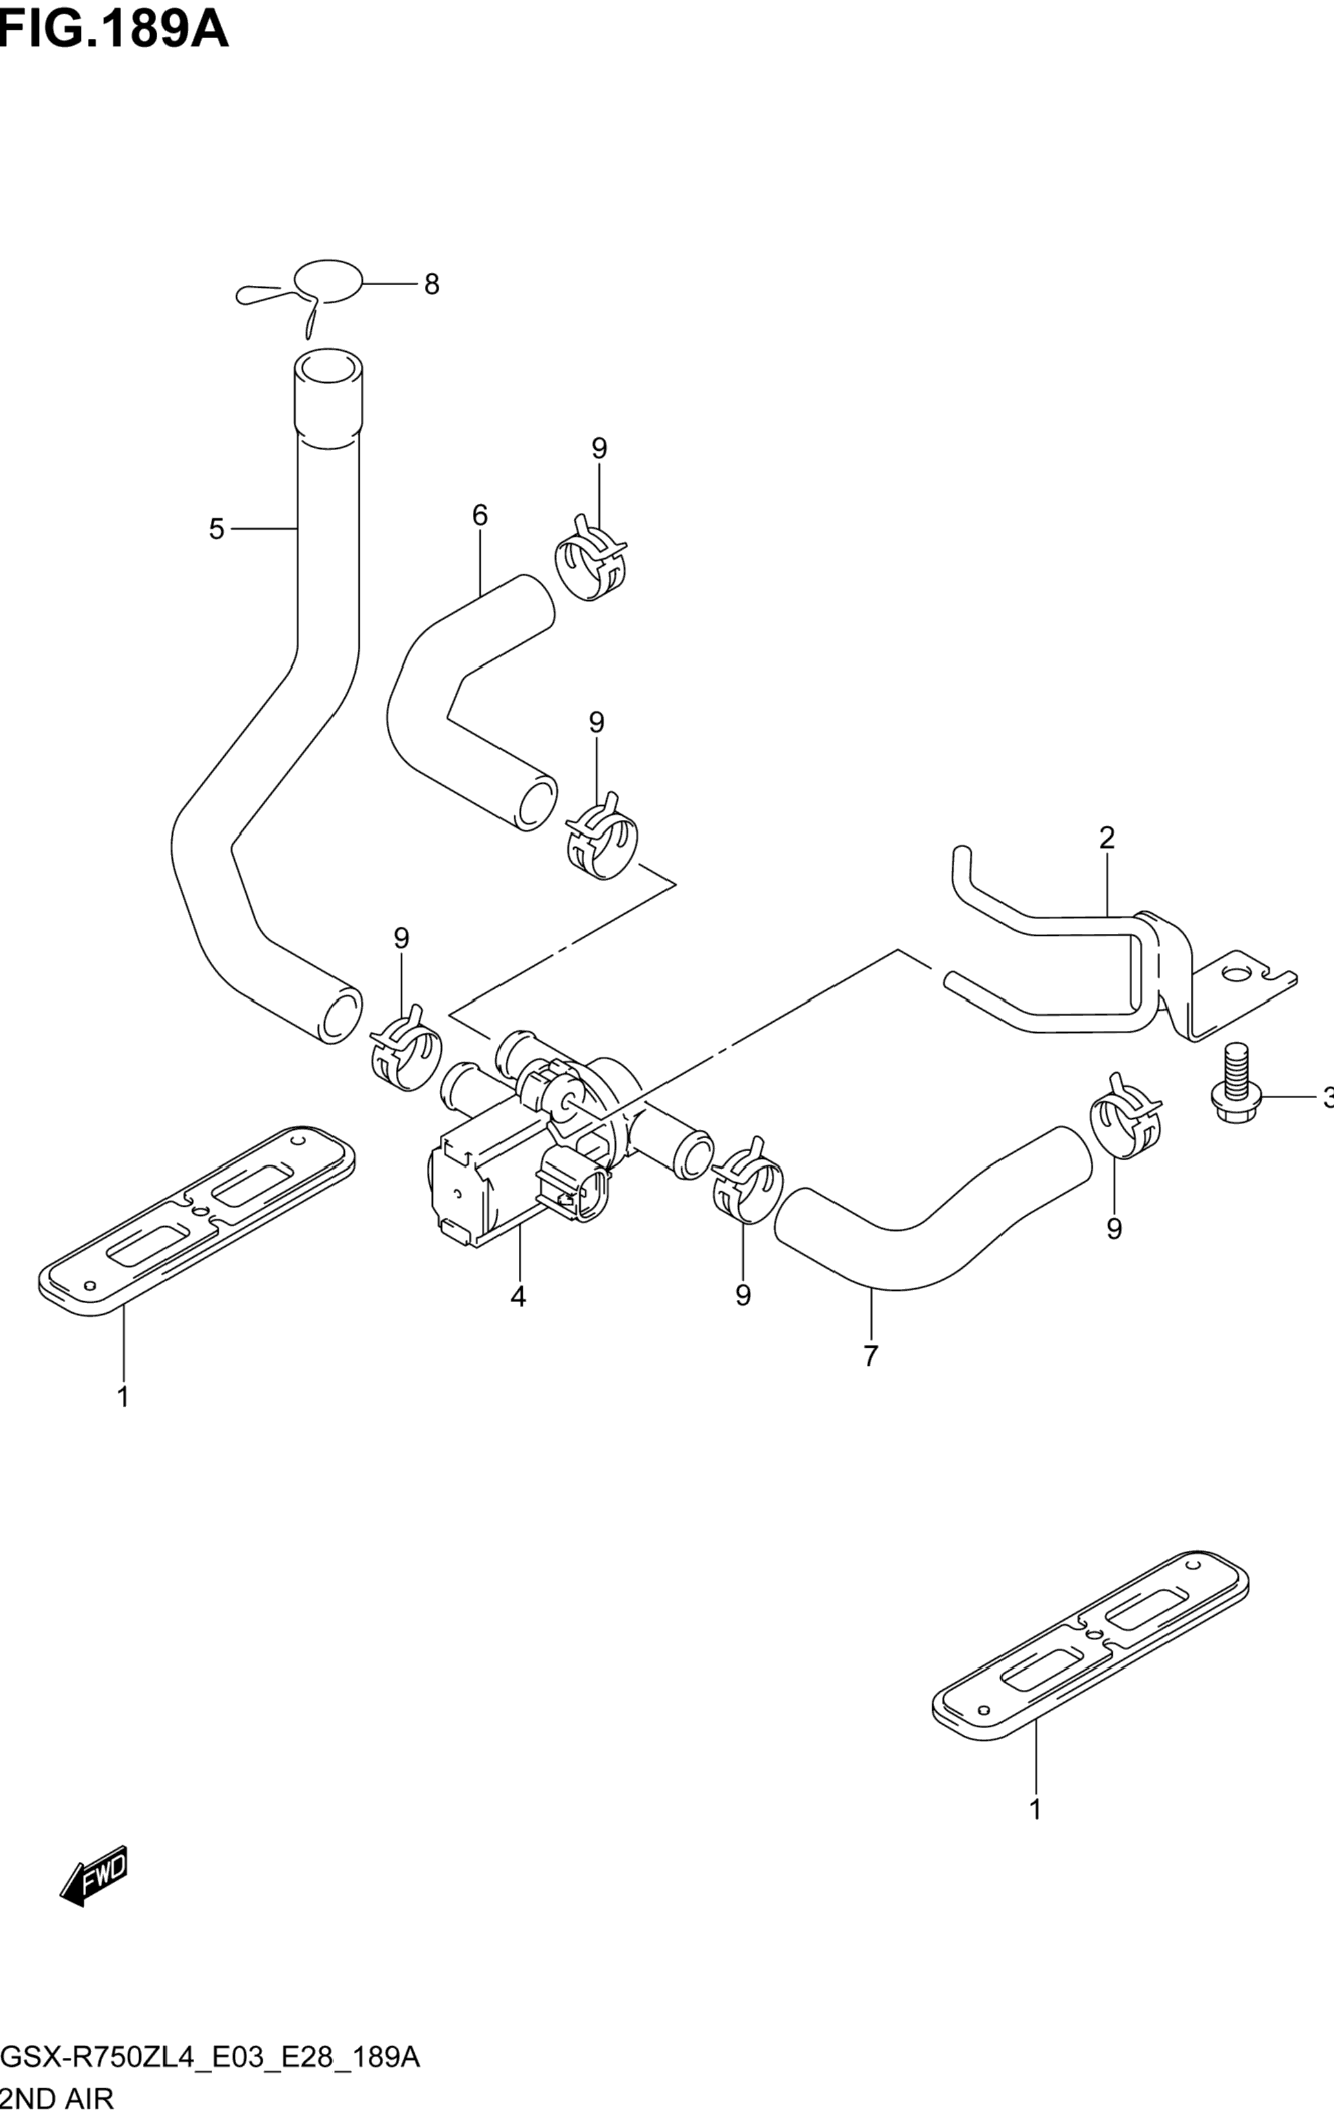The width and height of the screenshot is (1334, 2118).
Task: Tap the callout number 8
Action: pos(431,284)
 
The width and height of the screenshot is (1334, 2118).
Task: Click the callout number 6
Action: pos(479,515)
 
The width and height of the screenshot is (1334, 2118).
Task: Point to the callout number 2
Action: pos(1107,837)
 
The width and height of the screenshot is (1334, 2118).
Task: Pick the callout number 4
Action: pos(518,1297)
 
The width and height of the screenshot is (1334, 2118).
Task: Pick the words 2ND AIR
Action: pos(57,2098)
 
